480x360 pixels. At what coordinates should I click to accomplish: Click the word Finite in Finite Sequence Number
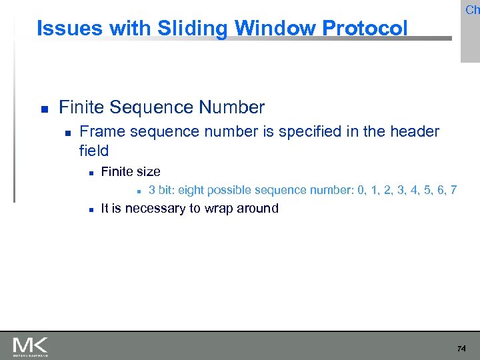click(x=81, y=107)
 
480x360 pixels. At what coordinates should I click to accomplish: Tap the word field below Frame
click(x=93, y=151)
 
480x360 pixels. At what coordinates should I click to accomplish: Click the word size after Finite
click(x=148, y=171)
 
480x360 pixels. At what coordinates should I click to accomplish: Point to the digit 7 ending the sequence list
click(x=453, y=190)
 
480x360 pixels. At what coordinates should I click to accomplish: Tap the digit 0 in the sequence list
click(x=361, y=190)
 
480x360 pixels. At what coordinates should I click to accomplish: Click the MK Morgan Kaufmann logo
click(x=30, y=347)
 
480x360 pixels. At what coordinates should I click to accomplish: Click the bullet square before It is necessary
click(x=90, y=209)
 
